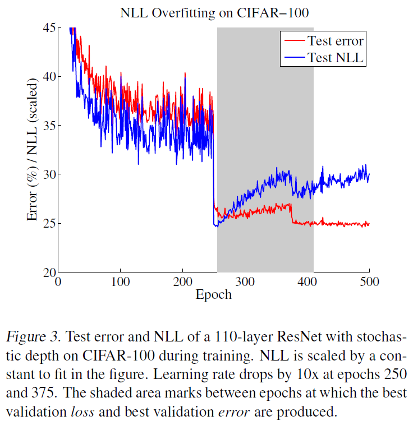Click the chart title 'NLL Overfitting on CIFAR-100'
pos(213,12)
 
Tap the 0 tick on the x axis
pos(58,282)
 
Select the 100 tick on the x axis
pos(121,282)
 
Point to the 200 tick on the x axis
pos(183,282)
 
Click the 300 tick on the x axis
pos(245,282)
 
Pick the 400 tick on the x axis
pos(308,282)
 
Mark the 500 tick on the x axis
pos(369,282)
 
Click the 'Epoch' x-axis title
pos(213,294)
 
